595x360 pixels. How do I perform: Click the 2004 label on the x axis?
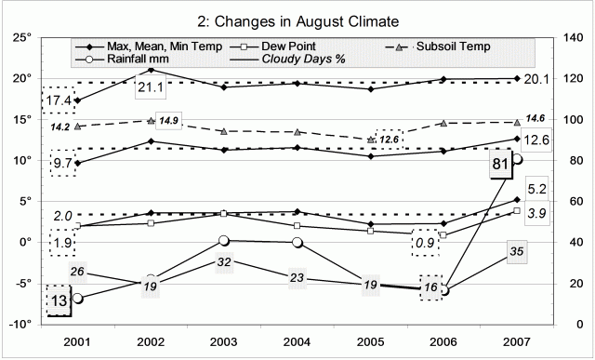[297, 340]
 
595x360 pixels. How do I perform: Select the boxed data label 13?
[58, 300]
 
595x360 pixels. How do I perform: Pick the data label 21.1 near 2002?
[150, 87]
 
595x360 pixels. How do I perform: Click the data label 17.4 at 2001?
[57, 99]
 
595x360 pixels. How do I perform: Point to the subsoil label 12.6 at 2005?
[390, 139]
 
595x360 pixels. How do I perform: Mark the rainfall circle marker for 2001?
[77, 298]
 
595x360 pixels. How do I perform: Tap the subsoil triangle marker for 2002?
[151, 121]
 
